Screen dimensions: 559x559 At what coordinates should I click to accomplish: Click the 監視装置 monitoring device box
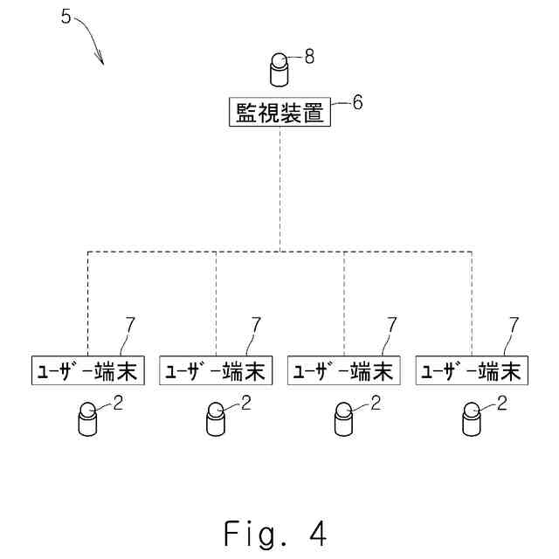[x=279, y=114]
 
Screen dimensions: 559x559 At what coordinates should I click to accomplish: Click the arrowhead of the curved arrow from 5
[x=101, y=62]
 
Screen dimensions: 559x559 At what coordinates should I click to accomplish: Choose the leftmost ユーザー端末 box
[x=87, y=370]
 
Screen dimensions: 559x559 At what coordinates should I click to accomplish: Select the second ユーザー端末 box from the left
[x=216, y=370]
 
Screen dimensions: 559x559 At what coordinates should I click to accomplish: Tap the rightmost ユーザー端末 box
[x=472, y=370]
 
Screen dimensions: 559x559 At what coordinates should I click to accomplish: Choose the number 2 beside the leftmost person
[x=118, y=403]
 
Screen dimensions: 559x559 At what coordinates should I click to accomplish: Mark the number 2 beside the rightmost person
[x=502, y=403]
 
